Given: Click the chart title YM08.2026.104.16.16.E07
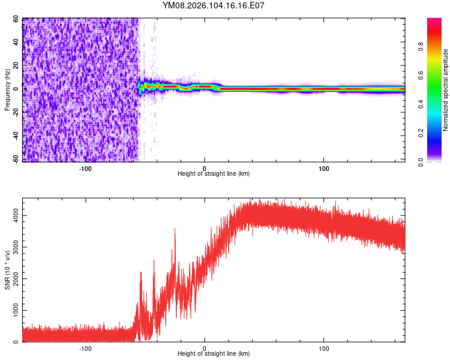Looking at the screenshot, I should pyautogui.click(x=214, y=6).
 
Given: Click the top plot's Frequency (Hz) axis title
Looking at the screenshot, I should pyautogui.click(x=7, y=90).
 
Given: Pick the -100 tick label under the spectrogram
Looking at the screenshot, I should pyautogui.click(x=85, y=168).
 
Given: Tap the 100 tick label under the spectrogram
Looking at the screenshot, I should pyautogui.click(x=323, y=168).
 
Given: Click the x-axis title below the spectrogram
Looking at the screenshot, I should pyautogui.click(x=214, y=174).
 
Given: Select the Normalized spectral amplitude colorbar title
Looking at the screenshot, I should pyautogui.click(x=445, y=90).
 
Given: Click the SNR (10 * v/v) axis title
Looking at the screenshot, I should pyautogui.click(x=7, y=270).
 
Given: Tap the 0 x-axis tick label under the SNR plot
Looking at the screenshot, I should pyautogui.click(x=205, y=348).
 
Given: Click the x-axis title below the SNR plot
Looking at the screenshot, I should pyautogui.click(x=214, y=354).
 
